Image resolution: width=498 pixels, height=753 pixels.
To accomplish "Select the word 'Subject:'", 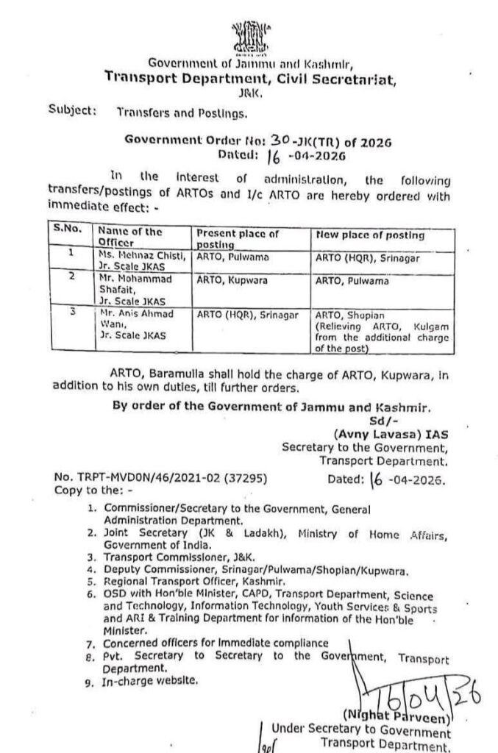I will point(71,110).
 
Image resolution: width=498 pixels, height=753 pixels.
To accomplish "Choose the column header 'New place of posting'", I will point(369,235).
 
